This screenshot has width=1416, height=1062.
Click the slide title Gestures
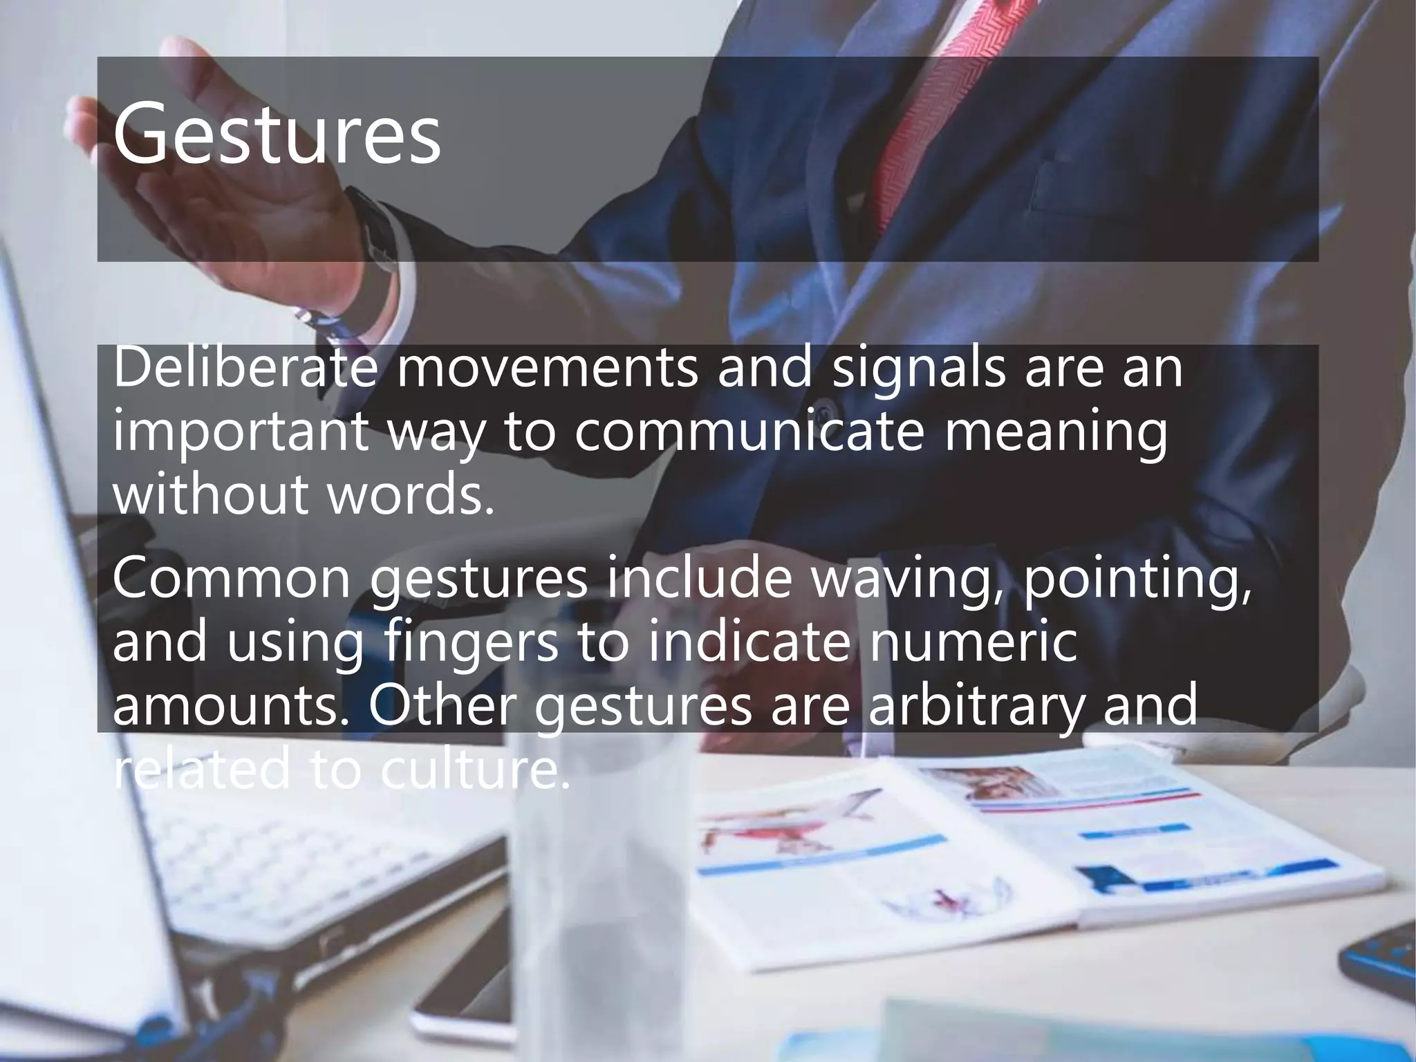pos(277,133)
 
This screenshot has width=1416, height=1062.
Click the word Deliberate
pos(245,369)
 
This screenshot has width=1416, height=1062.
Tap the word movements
pos(546,369)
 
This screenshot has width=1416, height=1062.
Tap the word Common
pos(231,579)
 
